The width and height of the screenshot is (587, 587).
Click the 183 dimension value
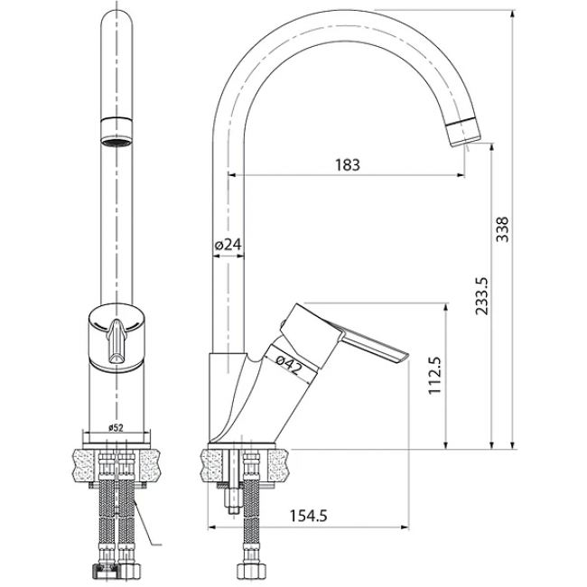pos(348,164)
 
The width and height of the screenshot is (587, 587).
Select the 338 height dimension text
pos(502,229)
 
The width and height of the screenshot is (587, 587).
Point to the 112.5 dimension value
pos(435,375)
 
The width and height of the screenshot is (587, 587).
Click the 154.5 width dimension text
pos(309,516)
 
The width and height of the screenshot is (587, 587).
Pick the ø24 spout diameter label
pos(228,245)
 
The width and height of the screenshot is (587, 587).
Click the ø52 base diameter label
pos(116,428)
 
